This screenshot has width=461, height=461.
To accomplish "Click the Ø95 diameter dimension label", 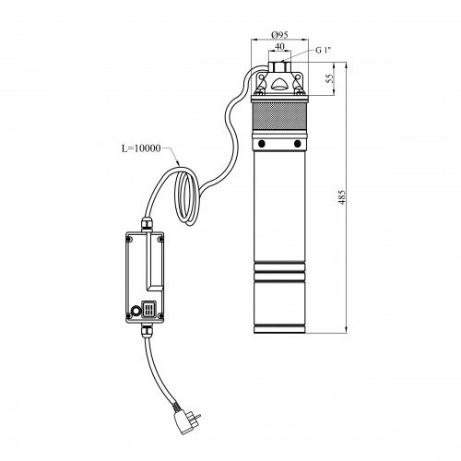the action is click(279, 35).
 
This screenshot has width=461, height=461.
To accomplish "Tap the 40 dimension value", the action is click(279, 46).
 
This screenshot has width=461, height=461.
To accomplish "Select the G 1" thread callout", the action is click(324, 50).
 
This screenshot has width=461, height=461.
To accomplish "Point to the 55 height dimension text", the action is click(329, 78).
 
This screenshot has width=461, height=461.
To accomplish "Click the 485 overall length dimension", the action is click(342, 197).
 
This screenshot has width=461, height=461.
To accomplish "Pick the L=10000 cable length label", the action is click(141, 148).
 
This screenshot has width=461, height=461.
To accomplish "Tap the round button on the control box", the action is click(135, 312).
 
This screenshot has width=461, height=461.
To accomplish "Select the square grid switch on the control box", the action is click(148, 309).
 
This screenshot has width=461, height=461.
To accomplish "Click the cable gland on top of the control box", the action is click(147, 224).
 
